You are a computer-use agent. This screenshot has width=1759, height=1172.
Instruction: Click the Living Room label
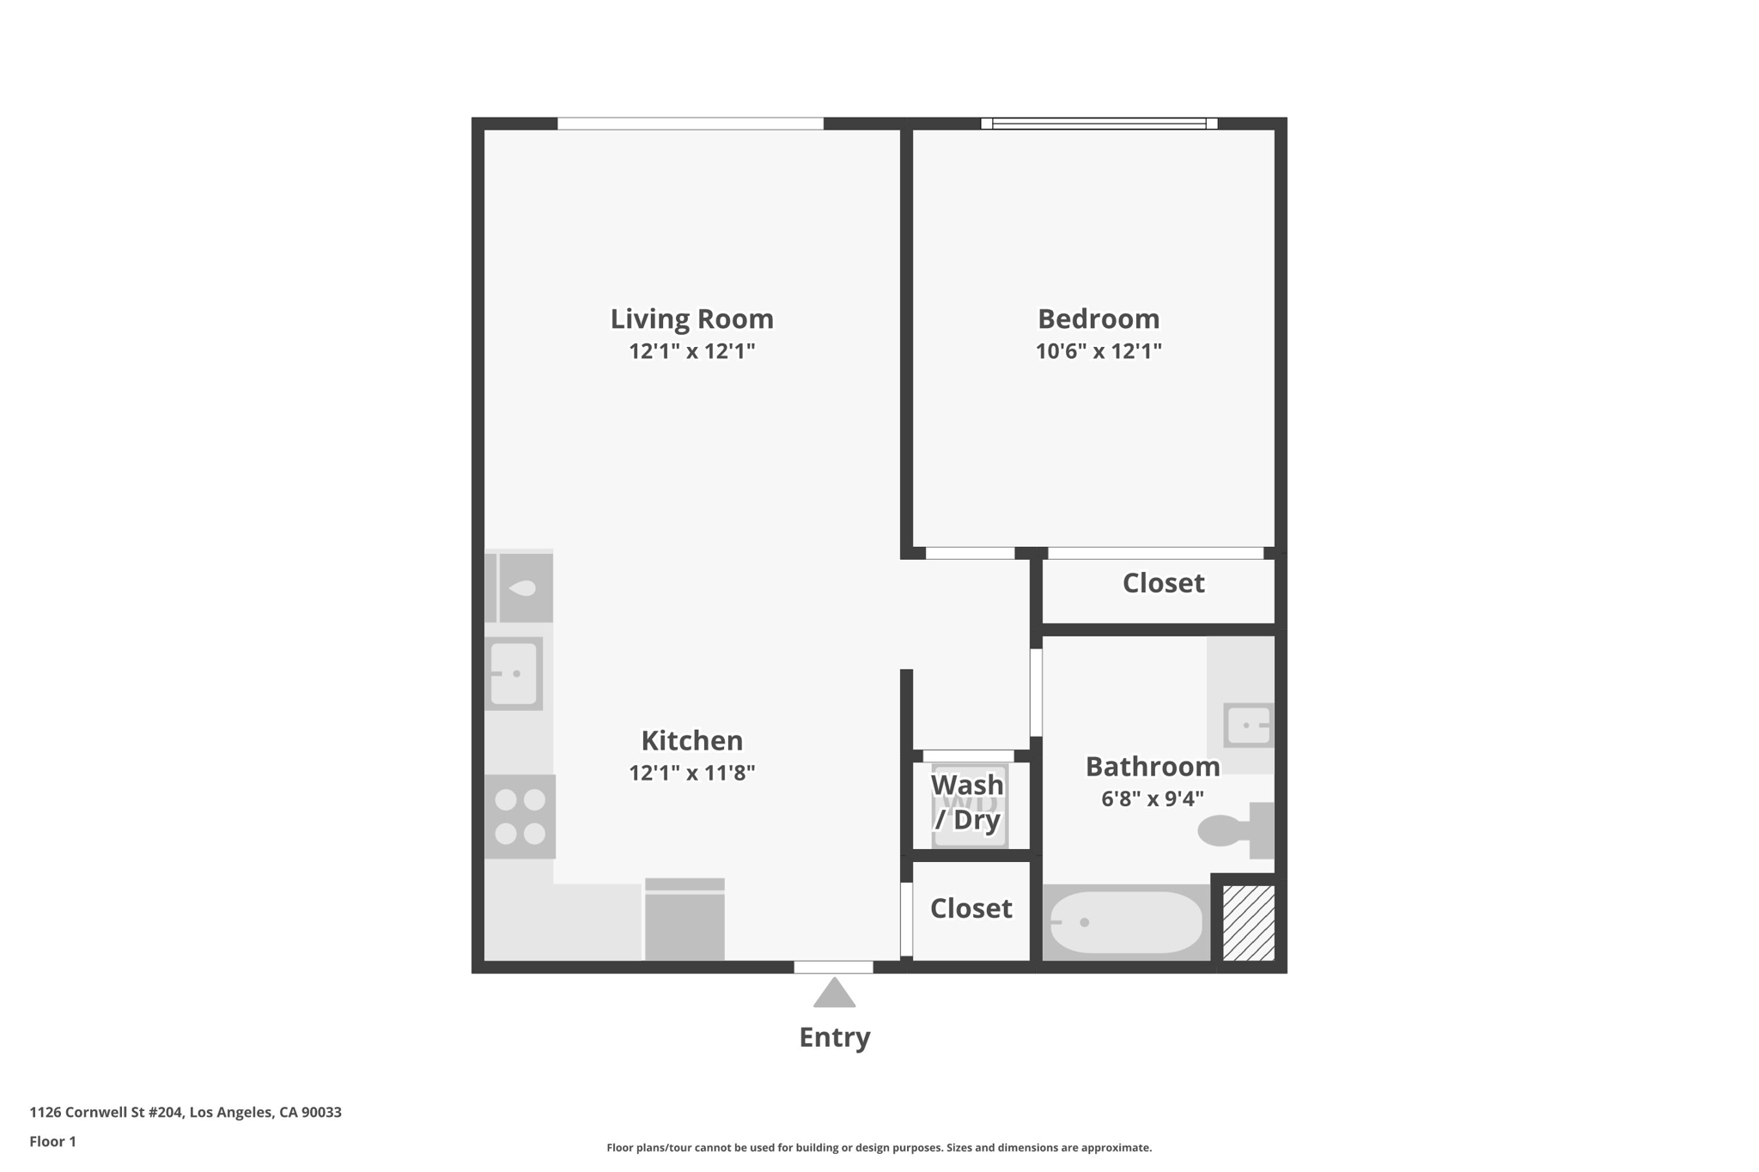[x=691, y=319]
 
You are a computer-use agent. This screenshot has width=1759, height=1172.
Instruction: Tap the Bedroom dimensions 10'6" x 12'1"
[x=1098, y=351]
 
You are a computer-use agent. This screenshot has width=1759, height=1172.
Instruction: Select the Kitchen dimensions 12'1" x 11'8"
[x=691, y=773]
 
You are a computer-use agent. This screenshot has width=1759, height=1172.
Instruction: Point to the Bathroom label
[x=1152, y=766]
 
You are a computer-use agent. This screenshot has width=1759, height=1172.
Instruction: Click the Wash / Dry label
[x=967, y=802]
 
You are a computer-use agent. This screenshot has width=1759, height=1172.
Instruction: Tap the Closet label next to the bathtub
[x=971, y=908]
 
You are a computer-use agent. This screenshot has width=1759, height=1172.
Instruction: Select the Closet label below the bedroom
[x=1163, y=583]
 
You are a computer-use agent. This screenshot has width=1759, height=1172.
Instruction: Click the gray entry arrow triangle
[x=834, y=994]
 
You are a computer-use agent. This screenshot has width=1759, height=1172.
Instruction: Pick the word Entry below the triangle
[x=834, y=1037]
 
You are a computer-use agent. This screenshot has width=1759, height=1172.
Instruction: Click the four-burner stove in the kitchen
[x=520, y=817]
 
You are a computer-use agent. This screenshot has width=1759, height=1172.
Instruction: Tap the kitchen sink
[x=514, y=674]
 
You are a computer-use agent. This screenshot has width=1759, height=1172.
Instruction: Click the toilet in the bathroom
[x=1235, y=830]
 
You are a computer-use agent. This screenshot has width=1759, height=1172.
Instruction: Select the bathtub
[x=1126, y=922]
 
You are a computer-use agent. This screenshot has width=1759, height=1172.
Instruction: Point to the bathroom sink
[x=1248, y=726]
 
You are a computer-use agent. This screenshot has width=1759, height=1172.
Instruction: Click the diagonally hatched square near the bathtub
[x=1248, y=923]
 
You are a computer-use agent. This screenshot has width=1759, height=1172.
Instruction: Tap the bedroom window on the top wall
[x=1099, y=124]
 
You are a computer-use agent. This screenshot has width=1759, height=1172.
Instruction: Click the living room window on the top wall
[x=690, y=124]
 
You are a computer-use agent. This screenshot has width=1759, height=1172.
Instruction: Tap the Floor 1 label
[x=52, y=1142]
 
